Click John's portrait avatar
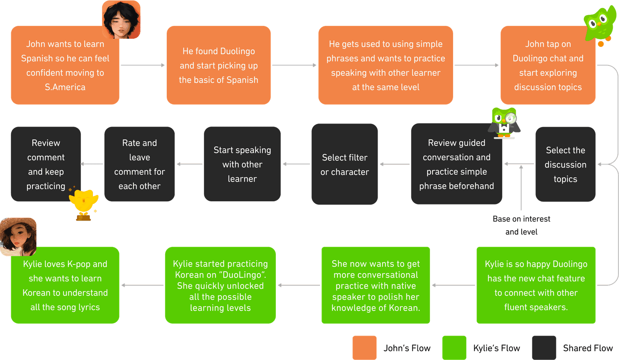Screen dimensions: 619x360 (121, 20)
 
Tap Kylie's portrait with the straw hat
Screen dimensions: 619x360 (18, 237)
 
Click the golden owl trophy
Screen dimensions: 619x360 (83, 204)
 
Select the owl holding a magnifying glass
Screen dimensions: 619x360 (504, 123)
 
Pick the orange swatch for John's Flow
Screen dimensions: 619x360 (364, 348)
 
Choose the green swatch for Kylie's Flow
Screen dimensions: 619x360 (454, 348)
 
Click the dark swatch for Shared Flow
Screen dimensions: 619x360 (544, 348)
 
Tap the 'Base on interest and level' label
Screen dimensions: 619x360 (522, 225)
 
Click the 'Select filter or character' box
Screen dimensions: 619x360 (345, 164)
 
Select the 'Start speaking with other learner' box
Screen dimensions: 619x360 (242, 164)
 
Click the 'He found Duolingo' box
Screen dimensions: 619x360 (219, 65)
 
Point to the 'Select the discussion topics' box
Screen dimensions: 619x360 (565, 164)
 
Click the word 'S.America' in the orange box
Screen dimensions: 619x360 (65, 87)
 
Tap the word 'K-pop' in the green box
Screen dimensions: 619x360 (79, 264)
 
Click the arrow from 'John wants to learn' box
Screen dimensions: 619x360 (143, 65)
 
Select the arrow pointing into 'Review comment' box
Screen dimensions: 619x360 (92, 164)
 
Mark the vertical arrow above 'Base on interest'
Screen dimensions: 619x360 (521, 188)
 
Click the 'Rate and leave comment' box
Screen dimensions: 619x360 (140, 164)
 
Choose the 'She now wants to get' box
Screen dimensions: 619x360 (376, 285)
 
